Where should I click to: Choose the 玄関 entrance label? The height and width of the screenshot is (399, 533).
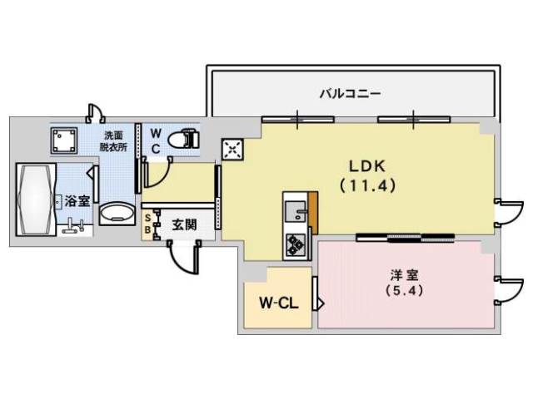[184, 224]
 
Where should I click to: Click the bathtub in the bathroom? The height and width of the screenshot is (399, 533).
[34, 200]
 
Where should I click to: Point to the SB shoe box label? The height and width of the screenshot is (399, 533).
[149, 224]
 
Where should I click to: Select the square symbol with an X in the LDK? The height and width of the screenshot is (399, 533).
[232, 149]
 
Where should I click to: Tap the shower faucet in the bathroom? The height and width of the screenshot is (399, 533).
[76, 224]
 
